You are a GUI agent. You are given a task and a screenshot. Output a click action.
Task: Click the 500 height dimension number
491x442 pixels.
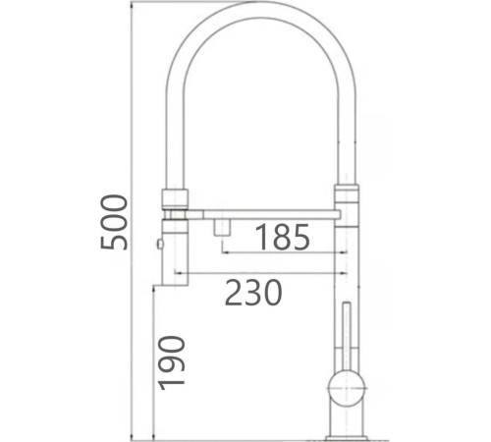[116, 222]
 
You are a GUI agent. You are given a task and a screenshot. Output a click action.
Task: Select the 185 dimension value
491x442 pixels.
[283, 238]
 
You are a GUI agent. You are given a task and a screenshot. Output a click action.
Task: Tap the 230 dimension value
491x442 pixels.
[253, 293]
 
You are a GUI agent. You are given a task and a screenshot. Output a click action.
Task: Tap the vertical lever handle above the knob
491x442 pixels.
[345, 334]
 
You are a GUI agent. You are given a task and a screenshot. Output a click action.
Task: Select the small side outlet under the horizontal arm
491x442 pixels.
[222, 225]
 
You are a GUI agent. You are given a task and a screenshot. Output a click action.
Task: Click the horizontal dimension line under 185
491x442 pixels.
[285, 253]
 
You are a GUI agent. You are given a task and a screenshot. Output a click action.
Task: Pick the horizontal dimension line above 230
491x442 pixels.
[260, 272]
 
